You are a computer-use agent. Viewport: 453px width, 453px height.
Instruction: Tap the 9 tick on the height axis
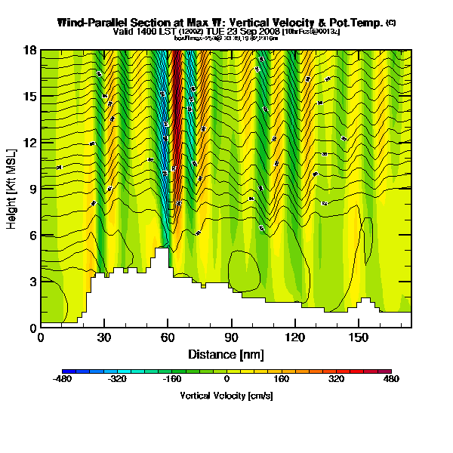(x=32, y=189)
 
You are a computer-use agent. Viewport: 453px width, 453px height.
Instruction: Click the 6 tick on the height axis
(x=32, y=235)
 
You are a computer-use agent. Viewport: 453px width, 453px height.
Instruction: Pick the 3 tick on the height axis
(x=32, y=282)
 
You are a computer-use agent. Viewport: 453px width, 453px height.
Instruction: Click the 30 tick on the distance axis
(x=104, y=338)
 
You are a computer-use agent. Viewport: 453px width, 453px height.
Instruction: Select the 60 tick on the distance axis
(x=168, y=338)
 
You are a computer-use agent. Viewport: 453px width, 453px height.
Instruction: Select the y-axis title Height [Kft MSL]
(x=12, y=189)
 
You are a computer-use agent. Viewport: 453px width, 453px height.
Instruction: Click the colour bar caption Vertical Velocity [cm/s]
(x=226, y=396)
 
